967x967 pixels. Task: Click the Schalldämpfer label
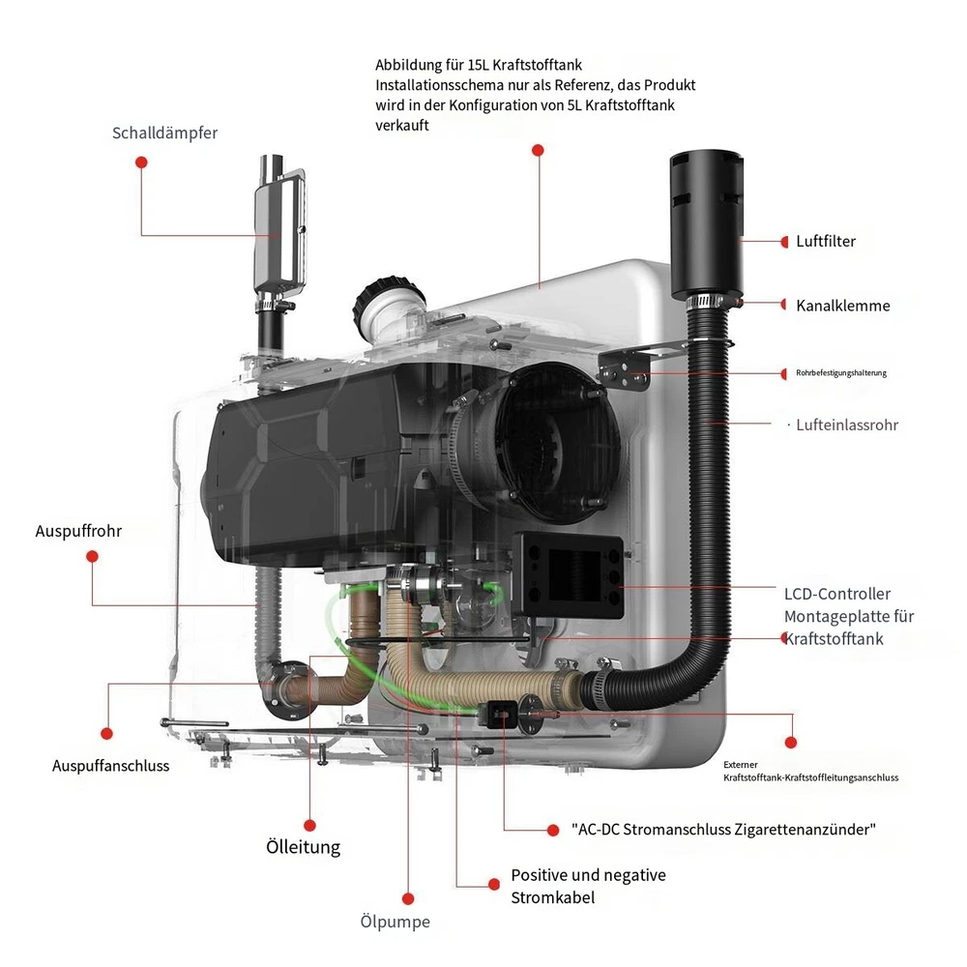(x=164, y=133)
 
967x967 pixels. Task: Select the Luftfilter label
(x=826, y=242)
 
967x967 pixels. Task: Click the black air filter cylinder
(x=705, y=223)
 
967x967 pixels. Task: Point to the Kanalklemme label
(x=842, y=306)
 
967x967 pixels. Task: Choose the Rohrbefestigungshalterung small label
(x=840, y=373)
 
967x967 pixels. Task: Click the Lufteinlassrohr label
(x=847, y=425)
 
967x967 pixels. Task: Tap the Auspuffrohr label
(x=78, y=531)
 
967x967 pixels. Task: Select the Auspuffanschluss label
(x=110, y=766)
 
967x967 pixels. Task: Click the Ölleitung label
(x=303, y=847)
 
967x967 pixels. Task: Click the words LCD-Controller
(x=837, y=594)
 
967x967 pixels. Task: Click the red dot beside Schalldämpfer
(x=140, y=164)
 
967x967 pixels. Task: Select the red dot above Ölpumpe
(x=408, y=898)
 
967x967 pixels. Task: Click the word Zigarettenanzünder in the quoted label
(x=815, y=829)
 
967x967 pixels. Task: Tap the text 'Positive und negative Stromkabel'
(x=588, y=886)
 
